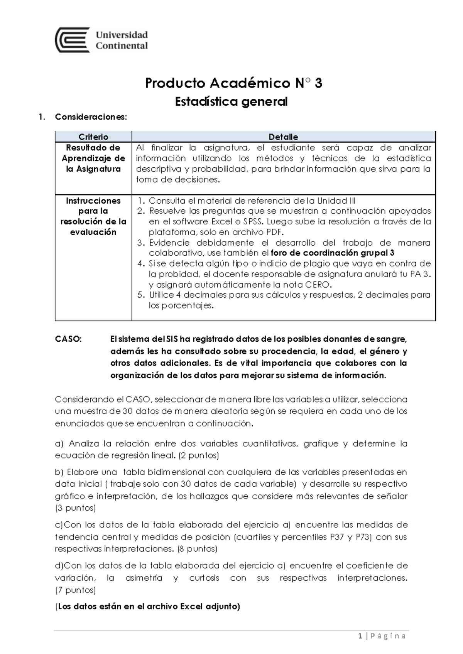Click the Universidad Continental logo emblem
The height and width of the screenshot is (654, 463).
[x=73, y=40]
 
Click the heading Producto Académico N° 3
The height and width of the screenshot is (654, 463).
[x=233, y=83]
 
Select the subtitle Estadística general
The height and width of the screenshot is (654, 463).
[x=231, y=102]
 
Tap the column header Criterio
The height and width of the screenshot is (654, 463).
[x=93, y=137]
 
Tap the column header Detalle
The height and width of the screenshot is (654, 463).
[x=283, y=137]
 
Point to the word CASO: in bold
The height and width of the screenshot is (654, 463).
[x=68, y=339]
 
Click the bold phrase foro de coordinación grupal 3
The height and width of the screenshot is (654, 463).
[x=333, y=253]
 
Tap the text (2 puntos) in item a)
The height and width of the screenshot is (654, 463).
[x=198, y=455]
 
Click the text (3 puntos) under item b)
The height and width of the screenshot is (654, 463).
[x=75, y=508]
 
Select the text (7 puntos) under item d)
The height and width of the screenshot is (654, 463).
[x=75, y=590]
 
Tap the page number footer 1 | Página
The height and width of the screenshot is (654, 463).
[x=382, y=636]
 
